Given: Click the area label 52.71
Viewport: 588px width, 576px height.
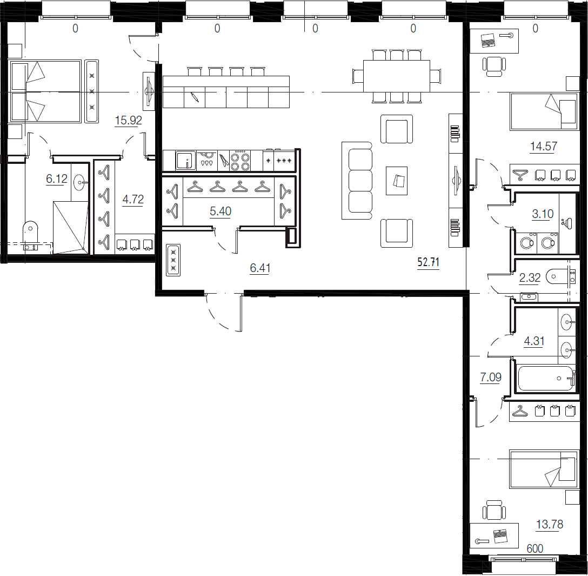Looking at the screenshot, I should (428, 263).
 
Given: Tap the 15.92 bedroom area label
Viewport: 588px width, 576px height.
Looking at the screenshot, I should (129, 120).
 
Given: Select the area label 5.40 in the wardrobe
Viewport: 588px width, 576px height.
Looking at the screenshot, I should (220, 211).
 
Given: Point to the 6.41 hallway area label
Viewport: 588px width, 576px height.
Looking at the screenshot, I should (260, 268).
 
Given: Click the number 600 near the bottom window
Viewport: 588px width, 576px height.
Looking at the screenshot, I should (534, 548).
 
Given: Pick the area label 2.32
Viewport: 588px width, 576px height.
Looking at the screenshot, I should (530, 278).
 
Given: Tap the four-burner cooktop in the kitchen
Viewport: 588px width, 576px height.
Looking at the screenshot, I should (240, 160).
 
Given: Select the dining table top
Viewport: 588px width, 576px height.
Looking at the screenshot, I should (396, 76).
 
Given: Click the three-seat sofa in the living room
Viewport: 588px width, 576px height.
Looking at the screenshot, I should (357, 181).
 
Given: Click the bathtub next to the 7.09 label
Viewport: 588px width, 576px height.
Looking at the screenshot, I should (546, 379).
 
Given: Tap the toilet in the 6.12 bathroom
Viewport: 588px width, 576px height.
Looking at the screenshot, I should (31, 231).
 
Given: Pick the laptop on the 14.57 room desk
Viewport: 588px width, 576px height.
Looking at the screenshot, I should (489, 40).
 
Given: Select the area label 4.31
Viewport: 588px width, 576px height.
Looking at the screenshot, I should (534, 341).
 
